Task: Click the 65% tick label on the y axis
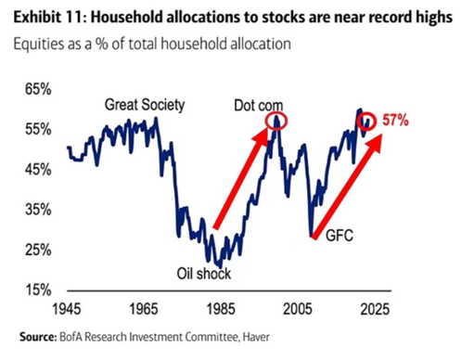coord(38,89)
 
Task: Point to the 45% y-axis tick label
coord(38,170)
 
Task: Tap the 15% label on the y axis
coord(38,289)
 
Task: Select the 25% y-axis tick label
coord(38,250)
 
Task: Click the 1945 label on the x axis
coord(67,309)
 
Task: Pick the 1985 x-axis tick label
coord(221,309)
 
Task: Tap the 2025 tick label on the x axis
coord(375,309)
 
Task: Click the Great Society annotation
coord(145,105)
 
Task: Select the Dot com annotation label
coord(259,106)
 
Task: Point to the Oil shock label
coord(204,274)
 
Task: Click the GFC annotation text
coord(339,236)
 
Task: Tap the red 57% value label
coord(395,121)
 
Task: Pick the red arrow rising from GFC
coord(347,186)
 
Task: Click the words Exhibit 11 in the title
coord(46,17)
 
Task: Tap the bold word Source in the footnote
coord(38,337)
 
